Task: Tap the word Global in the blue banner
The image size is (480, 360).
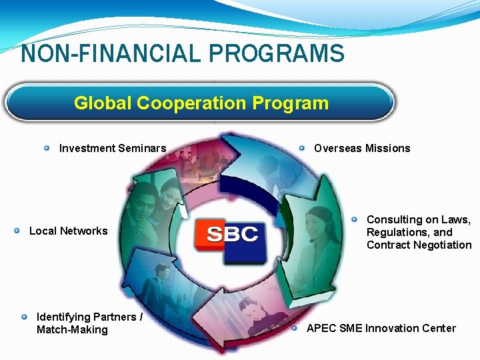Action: pos(103,103)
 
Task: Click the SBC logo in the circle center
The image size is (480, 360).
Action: pos(231,235)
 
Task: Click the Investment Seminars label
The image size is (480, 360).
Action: pos(113,148)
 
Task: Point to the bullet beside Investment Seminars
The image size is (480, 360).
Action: pos(47,148)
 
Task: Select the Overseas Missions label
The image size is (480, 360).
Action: pos(362,148)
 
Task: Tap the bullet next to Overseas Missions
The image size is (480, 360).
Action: pos(302,148)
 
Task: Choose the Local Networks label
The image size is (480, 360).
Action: pos(68,231)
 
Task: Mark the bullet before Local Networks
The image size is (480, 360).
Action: pos(17,231)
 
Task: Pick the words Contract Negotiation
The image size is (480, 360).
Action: pos(419,245)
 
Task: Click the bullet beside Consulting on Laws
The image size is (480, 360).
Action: pos(355,219)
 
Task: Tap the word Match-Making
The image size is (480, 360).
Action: pos(72,329)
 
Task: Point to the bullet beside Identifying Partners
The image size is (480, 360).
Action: pos(25,317)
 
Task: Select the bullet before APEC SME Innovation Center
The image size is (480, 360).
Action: pos(295,328)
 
